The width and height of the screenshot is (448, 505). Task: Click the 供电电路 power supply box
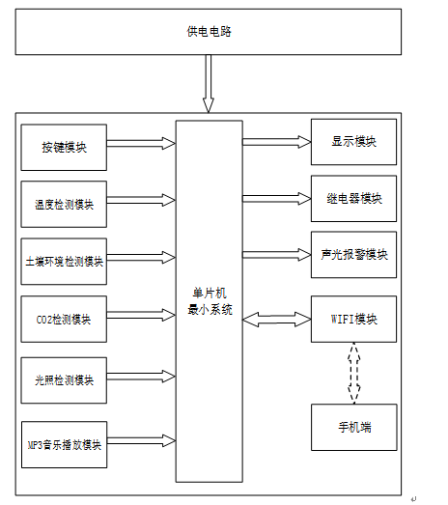209,32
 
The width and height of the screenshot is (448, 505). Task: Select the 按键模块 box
64,147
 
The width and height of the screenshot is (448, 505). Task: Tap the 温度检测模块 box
64,204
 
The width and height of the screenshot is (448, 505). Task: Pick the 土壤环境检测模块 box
64,262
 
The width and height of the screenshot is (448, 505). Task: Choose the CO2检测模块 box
64,319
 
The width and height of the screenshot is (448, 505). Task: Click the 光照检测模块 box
64,380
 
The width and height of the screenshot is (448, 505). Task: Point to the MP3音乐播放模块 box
64,444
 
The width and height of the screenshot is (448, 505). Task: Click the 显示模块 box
353,142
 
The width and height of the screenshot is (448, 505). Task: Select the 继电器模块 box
353,198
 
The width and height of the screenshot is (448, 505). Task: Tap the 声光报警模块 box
353,255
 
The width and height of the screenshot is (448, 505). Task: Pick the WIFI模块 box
353,319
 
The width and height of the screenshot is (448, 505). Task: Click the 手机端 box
354,427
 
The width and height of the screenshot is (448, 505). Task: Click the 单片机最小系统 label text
210,301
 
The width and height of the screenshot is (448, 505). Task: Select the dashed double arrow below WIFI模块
354,373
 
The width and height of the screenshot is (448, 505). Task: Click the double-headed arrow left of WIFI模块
277,320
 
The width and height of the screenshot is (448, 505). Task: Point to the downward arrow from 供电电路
209,84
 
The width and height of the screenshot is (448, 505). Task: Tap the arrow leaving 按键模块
141,143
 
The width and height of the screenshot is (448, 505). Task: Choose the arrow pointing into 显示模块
277,142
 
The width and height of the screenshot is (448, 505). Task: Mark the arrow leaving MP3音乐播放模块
141,440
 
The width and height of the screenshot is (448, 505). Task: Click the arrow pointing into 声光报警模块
277,255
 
